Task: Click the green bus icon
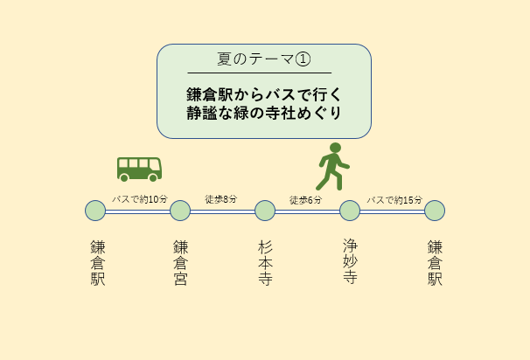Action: pyautogui.click(x=139, y=170)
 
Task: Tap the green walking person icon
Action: pyautogui.click(x=332, y=167)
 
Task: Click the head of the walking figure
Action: pyautogui.click(x=335, y=148)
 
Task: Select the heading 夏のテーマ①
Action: pyautogui.click(x=263, y=59)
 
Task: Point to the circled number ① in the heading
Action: pyautogui.click(x=303, y=59)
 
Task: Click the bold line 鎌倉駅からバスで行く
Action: pyautogui.click(x=264, y=94)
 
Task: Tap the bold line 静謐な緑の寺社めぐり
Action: pyautogui.click(x=264, y=113)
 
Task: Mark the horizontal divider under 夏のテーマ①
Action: pyautogui.click(x=260, y=73)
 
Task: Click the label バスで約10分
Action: pyautogui.click(x=140, y=199)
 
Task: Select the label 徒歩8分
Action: pyautogui.click(x=220, y=199)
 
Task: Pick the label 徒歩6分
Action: pyautogui.click(x=305, y=200)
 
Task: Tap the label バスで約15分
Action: pyautogui.click(x=394, y=200)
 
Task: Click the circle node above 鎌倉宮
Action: pyautogui.click(x=180, y=211)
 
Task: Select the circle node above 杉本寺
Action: pyautogui.click(x=265, y=211)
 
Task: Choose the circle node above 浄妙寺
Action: pyautogui.click(x=350, y=211)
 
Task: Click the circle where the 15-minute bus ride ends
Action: pyautogui.click(x=435, y=211)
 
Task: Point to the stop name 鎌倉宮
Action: pyautogui.click(x=180, y=263)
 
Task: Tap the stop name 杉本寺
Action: pyautogui.click(x=265, y=263)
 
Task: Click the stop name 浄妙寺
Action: pyautogui.click(x=350, y=261)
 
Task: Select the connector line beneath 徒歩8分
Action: pyautogui.click(x=222, y=211)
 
